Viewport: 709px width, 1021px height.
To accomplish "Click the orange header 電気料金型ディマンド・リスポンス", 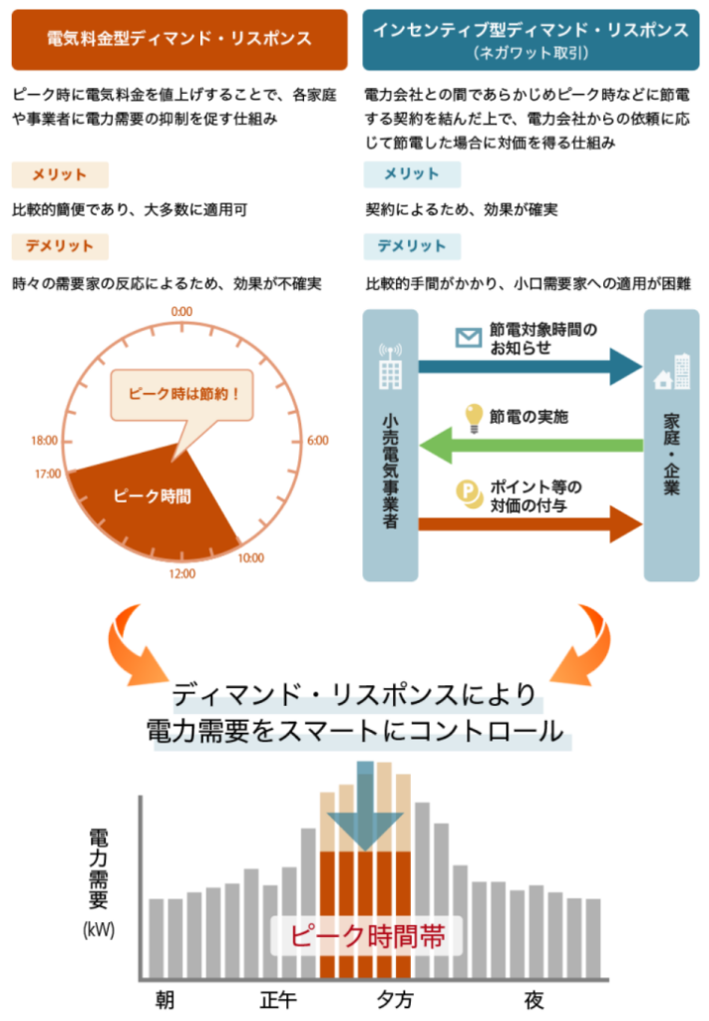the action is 179,39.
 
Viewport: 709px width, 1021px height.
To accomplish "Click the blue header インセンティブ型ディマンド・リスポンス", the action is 531,39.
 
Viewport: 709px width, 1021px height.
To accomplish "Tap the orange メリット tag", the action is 60,174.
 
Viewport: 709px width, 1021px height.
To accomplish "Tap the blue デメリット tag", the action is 412,246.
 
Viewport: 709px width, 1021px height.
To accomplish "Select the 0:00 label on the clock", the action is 181,312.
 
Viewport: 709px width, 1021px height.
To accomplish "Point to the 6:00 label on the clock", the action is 318,441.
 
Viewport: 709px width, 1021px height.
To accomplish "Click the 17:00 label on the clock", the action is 48,474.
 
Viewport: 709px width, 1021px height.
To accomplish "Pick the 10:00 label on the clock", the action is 250,558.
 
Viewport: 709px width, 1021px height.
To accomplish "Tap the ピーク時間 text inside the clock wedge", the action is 153,497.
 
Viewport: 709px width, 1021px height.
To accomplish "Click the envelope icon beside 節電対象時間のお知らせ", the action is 468,337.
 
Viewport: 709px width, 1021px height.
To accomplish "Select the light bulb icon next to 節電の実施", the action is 474,418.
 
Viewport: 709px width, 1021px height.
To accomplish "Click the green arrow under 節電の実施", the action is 532,446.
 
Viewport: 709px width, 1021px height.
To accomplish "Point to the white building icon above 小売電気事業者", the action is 391,367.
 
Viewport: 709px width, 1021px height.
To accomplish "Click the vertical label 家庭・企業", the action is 671,454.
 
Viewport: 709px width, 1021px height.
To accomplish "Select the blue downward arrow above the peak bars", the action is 365,806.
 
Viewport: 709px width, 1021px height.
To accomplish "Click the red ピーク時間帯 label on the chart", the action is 367,936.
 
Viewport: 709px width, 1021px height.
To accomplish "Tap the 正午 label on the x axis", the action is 278,999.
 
